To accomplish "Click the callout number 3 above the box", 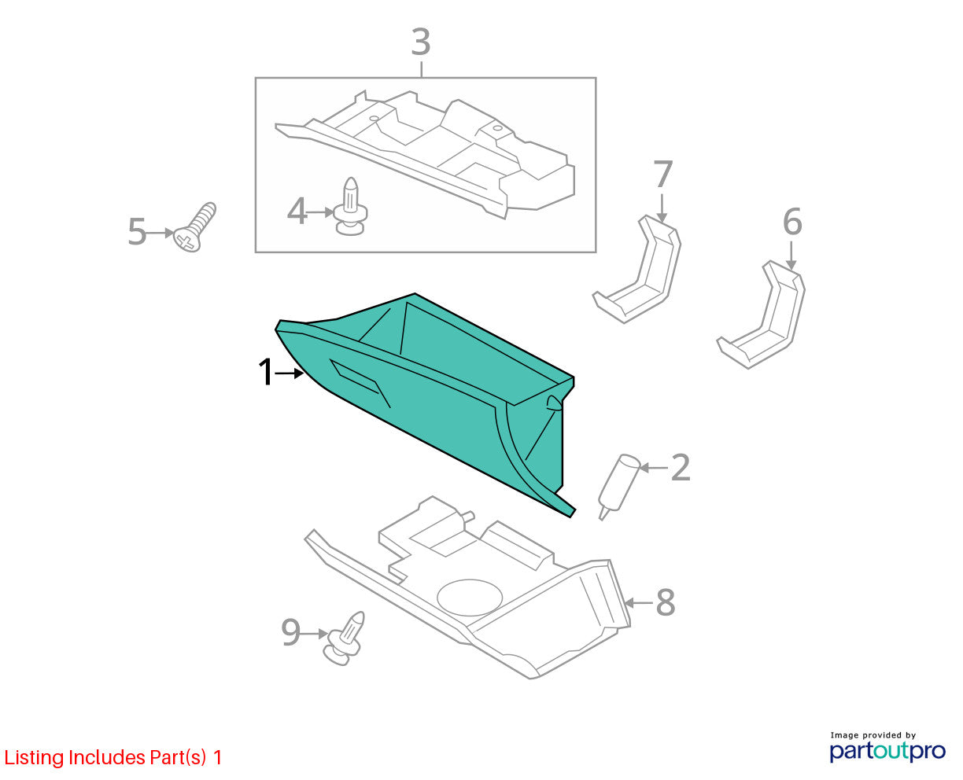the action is click(x=420, y=42).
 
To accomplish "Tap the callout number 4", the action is click(x=297, y=211).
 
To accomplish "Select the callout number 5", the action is click(x=138, y=232).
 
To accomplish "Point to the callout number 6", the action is click(x=792, y=222).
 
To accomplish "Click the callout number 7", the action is click(x=662, y=174).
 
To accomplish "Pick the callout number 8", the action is click(x=665, y=602).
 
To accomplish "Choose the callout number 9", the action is click(x=290, y=632).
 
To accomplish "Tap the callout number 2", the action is click(x=681, y=467).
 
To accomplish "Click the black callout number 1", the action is click(x=266, y=372).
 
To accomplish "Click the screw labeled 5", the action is click(x=195, y=227).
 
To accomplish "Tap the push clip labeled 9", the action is click(x=345, y=638).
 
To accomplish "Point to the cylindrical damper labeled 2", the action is click(x=618, y=486).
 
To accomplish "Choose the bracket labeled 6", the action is click(x=761, y=315).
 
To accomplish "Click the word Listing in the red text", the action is click(x=35, y=757).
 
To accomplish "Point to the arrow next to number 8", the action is click(x=638, y=602).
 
